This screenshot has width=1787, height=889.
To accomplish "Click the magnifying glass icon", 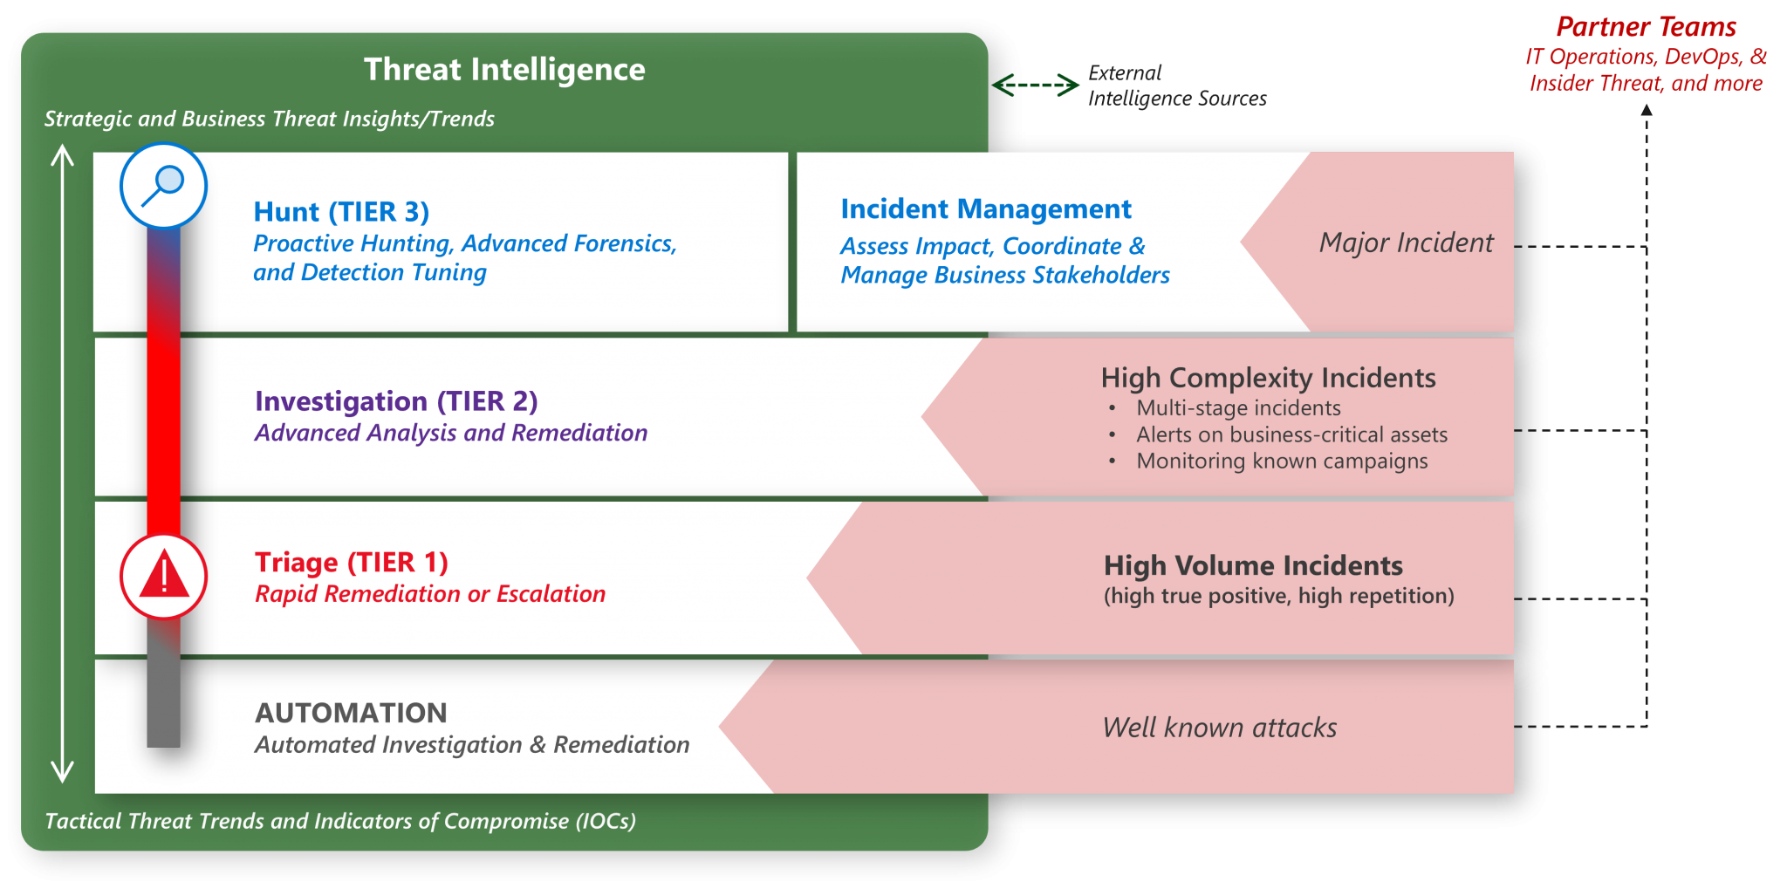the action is (x=163, y=185).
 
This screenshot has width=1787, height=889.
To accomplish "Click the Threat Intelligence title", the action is (x=504, y=70).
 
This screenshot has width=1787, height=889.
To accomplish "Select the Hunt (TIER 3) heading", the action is (x=341, y=212).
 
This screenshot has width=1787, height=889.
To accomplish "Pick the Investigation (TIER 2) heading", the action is (x=396, y=401).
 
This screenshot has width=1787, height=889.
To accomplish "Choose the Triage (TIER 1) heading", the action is (x=352, y=563).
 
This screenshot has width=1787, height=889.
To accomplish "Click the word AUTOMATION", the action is (x=351, y=713).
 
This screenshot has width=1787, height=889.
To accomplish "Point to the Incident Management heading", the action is (x=986, y=209).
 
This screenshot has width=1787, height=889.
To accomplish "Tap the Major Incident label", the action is (x=1406, y=243).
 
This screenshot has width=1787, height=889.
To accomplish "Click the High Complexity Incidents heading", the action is (x=1268, y=378).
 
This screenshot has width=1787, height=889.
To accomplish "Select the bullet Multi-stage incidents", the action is (x=1238, y=408).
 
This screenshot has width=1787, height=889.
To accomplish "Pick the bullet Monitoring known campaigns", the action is (x=1282, y=461).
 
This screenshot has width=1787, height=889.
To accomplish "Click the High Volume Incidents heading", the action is (x=1253, y=565).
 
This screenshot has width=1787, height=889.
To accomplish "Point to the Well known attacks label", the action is (x=1219, y=728).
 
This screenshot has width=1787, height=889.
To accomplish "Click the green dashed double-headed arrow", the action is (x=1036, y=85).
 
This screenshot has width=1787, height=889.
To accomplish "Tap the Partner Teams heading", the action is (x=1646, y=27).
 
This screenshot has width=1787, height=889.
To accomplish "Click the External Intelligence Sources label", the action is (x=1177, y=85).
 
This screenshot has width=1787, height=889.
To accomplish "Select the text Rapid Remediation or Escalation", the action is (x=430, y=594).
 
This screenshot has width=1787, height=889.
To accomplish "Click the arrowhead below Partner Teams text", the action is (x=1647, y=110).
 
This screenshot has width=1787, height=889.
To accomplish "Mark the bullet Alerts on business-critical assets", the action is (x=1291, y=434).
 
